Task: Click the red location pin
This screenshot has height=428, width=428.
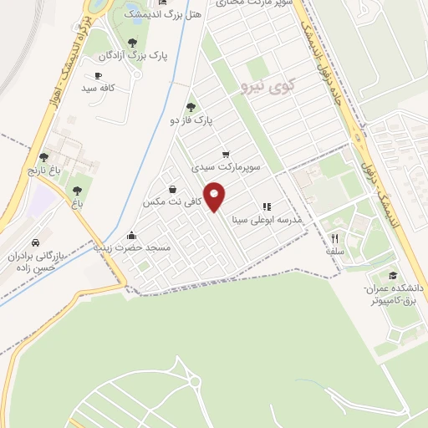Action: (215, 196)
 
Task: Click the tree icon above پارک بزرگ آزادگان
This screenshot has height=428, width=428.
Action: (131, 43)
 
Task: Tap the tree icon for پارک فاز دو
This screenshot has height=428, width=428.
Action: (191, 107)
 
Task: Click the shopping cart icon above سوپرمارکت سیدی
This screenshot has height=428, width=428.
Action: (226, 155)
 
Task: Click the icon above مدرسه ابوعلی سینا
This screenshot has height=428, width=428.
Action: (267, 206)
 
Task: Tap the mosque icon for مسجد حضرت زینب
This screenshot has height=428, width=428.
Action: (131, 235)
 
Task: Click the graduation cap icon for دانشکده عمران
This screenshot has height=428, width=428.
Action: (393, 276)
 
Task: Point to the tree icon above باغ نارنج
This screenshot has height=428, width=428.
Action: (43, 157)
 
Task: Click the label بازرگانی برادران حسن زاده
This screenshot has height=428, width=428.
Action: (38, 262)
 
